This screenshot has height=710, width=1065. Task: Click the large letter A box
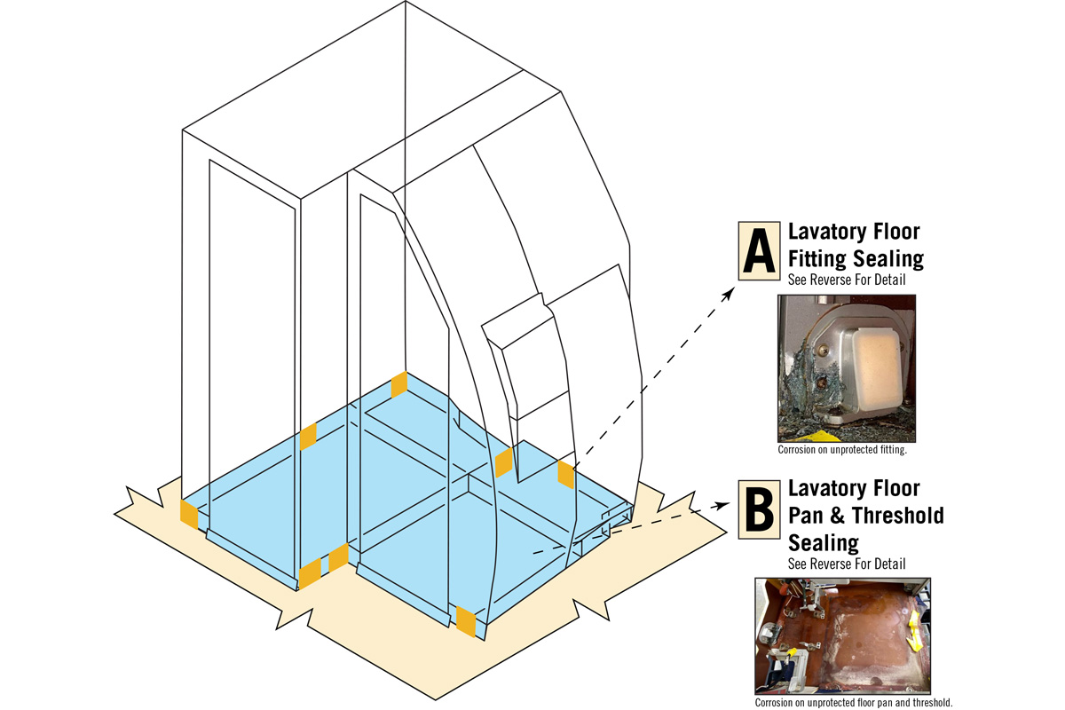[759, 251]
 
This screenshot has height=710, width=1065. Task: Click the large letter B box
[759, 509]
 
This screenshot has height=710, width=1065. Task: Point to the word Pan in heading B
[808, 515]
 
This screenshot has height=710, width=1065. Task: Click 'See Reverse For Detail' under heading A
[846, 279]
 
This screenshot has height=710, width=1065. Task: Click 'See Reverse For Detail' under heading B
[846, 564]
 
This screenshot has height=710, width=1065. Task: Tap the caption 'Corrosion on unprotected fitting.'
[841, 450]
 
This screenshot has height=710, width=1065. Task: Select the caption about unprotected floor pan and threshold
[848, 702]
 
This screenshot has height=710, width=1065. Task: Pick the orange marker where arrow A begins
[565, 474]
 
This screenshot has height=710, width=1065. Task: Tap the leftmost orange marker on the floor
[189, 514]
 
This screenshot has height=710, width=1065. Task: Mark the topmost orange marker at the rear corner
[399, 384]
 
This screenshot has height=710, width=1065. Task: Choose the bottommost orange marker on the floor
[465, 622]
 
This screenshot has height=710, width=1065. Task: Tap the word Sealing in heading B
[823, 541]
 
